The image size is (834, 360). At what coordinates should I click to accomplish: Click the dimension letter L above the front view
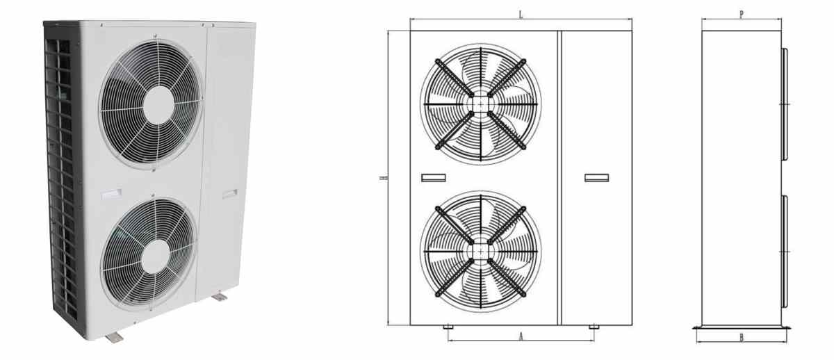tap(521, 15)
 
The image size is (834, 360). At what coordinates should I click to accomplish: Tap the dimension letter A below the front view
tap(521, 336)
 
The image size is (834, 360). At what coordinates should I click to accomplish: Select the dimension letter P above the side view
tap(742, 15)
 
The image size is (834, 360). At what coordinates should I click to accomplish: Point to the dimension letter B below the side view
tap(742, 338)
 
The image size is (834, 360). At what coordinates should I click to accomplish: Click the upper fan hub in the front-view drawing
tap(481, 104)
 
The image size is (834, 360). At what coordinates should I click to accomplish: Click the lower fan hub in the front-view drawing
tap(481, 252)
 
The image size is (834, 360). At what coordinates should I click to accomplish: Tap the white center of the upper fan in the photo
tap(159, 105)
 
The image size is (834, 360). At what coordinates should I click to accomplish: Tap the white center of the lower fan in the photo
tap(156, 256)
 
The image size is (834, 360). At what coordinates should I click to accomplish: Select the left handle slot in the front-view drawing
tap(434, 178)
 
